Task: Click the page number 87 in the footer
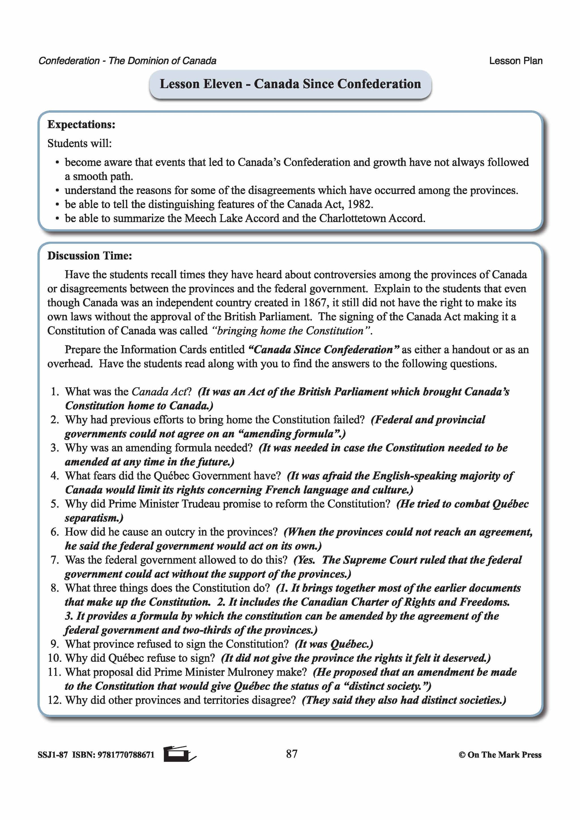[x=291, y=754]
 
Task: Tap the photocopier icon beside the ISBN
[x=179, y=754]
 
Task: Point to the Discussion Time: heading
[x=90, y=256]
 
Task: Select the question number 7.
[x=55, y=560]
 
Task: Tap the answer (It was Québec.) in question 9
[x=334, y=644]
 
